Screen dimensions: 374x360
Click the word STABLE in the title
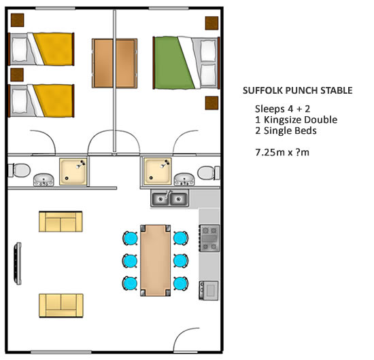tap(337, 90)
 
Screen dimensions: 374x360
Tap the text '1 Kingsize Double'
tap(296, 120)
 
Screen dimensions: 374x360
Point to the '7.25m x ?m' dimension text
tap(282, 152)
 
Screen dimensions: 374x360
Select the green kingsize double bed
tap(186, 62)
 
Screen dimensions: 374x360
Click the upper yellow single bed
tap(41, 49)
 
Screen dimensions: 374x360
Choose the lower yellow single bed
tap(41, 101)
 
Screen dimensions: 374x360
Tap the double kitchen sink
tap(169, 198)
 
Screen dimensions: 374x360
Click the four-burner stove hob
tap(209, 238)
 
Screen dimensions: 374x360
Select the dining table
tap(155, 260)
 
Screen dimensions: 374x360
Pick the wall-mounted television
tap(18, 264)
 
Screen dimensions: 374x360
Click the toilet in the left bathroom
tap(19, 170)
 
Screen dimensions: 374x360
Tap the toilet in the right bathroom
tap(209, 173)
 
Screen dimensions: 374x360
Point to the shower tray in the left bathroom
tap(73, 172)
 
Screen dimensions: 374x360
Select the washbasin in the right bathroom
tap(184, 179)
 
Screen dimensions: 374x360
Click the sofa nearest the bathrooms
tap(61, 221)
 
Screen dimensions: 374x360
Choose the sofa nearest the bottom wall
tap(61, 306)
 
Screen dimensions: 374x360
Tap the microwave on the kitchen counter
tap(209, 291)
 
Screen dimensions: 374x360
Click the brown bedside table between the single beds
tap(17, 75)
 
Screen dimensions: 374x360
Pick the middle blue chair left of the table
tap(130, 261)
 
